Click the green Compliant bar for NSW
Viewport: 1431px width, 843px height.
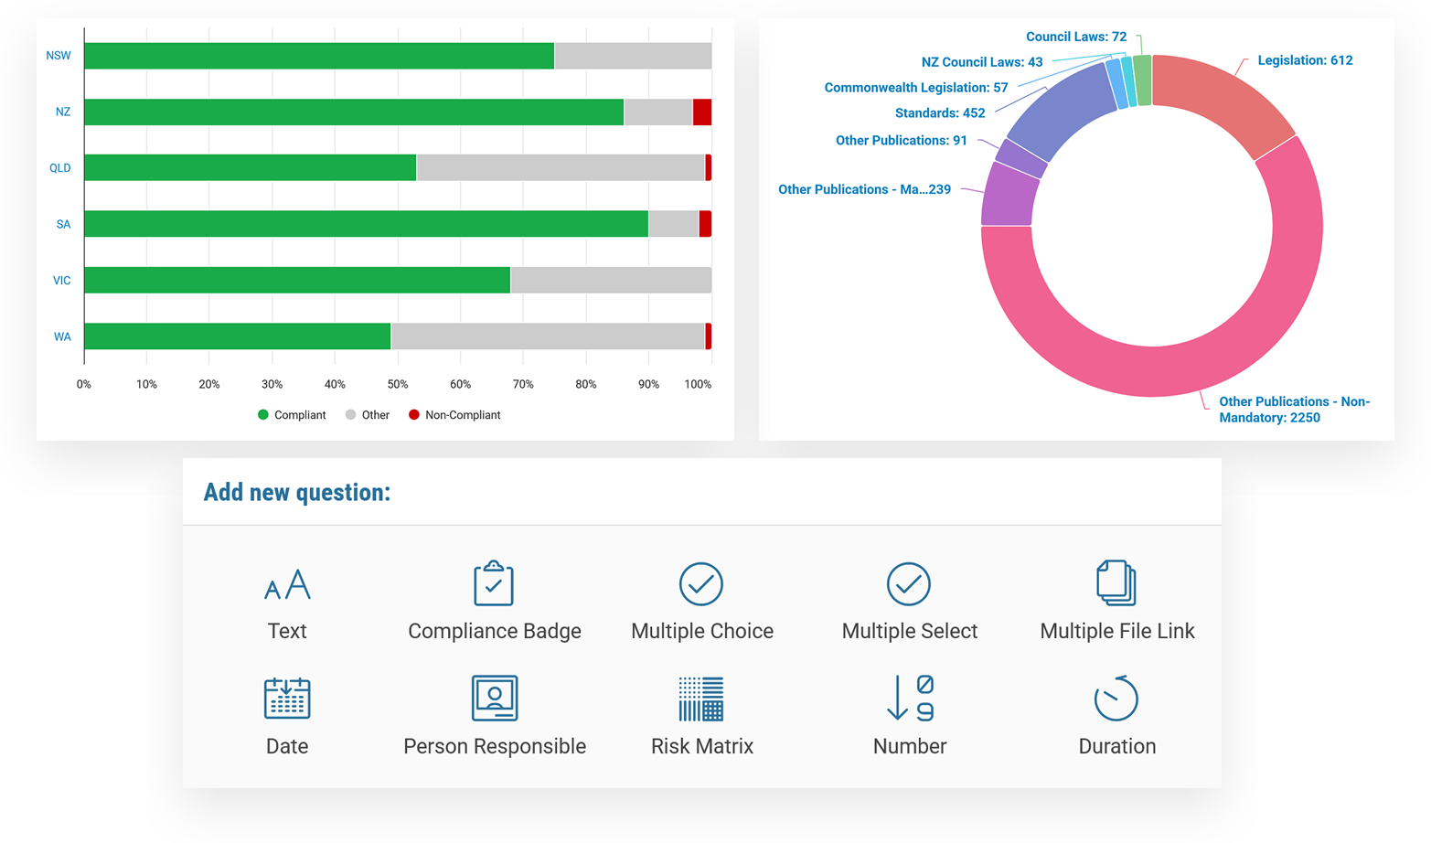[x=319, y=56]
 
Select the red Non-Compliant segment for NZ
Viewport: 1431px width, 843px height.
[x=702, y=112]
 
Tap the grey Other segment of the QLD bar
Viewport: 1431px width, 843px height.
[x=561, y=167]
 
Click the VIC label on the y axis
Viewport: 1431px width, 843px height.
[x=62, y=281]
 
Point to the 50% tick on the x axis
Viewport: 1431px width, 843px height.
[x=398, y=384]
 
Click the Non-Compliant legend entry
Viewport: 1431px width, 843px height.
[x=454, y=415]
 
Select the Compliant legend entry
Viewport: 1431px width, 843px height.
[x=292, y=415]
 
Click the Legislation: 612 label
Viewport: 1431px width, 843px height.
[x=1305, y=60]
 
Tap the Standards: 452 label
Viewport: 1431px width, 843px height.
[x=940, y=113]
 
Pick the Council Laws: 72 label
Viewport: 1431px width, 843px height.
[x=1076, y=37]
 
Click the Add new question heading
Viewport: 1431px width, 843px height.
[x=297, y=493]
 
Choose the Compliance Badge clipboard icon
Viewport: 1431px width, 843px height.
[x=493, y=583]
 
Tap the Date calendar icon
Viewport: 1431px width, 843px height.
[x=287, y=698]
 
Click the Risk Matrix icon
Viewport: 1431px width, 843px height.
[x=700, y=699]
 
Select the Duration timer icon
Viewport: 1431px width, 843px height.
[x=1116, y=698]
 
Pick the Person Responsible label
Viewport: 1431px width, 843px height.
[x=495, y=746]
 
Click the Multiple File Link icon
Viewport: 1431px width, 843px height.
[x=1116, y=582]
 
